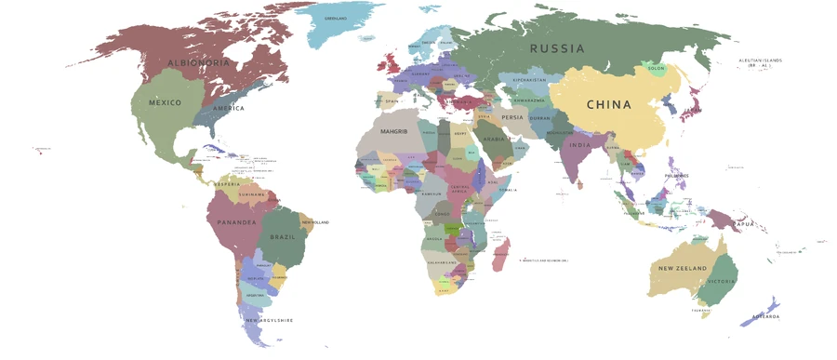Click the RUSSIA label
(x=557, y=48)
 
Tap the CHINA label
(x=608, y=105)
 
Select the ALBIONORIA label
(x=198, y=63)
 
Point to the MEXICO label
(x=165, y=102)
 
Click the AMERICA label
(x=228, y=109)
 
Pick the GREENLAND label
(x=335, y=19)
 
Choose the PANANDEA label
(x=236, y=223)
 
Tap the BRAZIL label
(x=282, y=237)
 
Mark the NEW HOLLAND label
(x=315, y=222)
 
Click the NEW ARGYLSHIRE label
(x=269, y=321)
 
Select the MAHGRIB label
(x=394, y=132)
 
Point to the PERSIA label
(x=512, y=118)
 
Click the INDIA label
(x=579, y=146)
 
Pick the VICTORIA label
(x=721, y=282)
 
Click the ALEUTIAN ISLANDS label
(x=760, y=63)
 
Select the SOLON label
(x=656, y=69)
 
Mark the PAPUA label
(x=742, y=224)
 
